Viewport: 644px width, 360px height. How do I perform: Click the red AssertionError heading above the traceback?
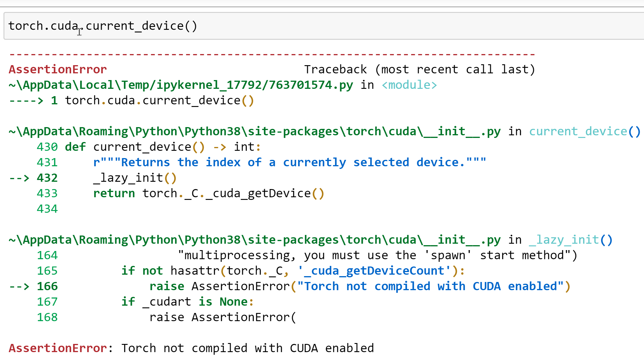tap(58, 70)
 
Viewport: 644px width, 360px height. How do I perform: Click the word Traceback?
tap(335, 70)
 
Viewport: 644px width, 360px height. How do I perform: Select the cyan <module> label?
tap(409, 85)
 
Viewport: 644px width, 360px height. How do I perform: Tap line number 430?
tap(47, 147)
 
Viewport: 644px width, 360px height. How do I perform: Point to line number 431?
tap(47, 162)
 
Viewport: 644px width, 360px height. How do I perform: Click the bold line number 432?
tap(47, 178)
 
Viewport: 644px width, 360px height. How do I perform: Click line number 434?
tap(47, 209)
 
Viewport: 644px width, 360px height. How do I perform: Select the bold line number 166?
tap(47, 286)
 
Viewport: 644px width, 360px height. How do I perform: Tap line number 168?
tap(47, 317)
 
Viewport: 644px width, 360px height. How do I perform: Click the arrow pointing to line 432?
tap(19, 178)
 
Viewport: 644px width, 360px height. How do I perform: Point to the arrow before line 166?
tap(19, 286)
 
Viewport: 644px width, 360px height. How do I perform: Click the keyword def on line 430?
tap(75, 147)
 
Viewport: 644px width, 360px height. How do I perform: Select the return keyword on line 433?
tap(114, 193)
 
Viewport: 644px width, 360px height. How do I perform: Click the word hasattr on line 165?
tap(195, 271)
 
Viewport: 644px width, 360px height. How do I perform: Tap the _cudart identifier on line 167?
tap(167, 302)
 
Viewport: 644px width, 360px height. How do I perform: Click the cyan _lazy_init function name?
tap(564, 240)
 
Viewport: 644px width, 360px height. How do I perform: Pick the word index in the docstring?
tap(223, 162)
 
